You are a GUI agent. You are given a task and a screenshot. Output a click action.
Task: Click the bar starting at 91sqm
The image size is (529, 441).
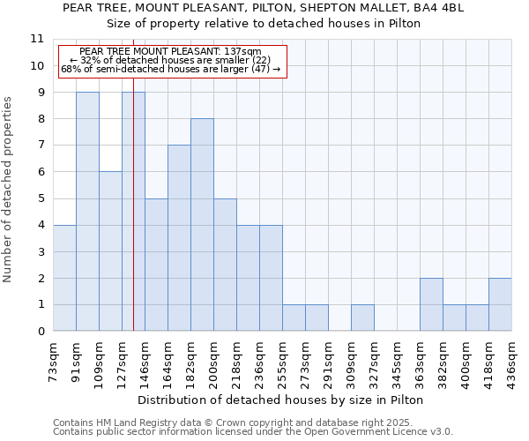point(87,212)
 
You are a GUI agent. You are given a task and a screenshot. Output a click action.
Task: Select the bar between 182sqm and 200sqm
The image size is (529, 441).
point(202,225)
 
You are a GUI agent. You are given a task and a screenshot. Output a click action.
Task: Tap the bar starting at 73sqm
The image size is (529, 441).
point(64,278)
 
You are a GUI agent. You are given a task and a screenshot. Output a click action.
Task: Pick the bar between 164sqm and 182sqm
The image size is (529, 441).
point(179,238)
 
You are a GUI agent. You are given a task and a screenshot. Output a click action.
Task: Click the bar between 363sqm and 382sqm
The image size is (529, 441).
point(431,304)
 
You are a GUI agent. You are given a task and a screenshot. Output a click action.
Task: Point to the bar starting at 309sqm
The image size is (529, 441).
point(362,318)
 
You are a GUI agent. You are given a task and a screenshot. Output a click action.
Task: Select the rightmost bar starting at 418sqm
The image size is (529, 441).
point(500,304)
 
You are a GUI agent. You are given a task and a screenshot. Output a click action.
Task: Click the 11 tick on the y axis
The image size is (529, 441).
point(36,39)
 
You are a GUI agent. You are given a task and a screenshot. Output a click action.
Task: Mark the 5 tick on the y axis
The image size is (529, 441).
point(40,198)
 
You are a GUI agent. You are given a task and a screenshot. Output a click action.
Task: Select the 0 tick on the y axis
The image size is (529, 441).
point(40,332)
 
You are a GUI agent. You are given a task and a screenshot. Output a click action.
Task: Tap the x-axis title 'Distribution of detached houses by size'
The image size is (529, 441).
point(281,400)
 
